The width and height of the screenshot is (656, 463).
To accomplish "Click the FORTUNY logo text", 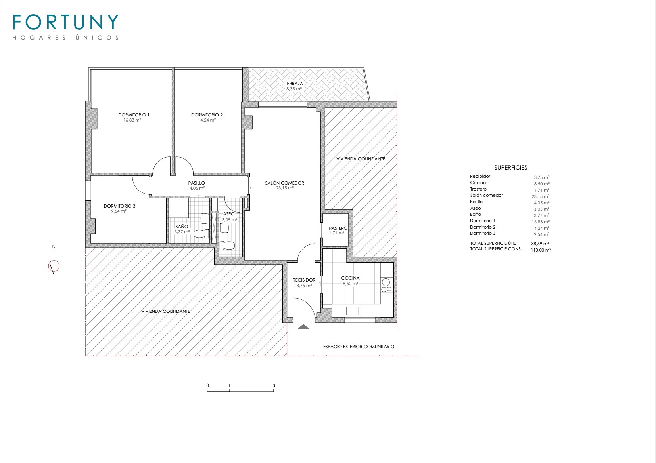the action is pyautogui.click(x=65, y=22).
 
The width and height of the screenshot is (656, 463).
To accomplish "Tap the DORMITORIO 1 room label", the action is pyautogui.click(x=134, y=115).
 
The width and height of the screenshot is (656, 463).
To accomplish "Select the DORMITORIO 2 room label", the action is pyautogui.click(x=207, y=115).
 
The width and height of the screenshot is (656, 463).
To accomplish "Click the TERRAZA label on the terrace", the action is pyautogui.click(x=294, y=84).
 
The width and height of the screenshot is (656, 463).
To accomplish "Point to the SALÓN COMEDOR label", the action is pyautogui.click(x=285, y=183).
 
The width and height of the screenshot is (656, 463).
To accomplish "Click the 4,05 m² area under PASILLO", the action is pyautogui.click(x=197, y=189).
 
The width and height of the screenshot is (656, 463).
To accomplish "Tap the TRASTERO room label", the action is pyautogui.click(x=337, y=228).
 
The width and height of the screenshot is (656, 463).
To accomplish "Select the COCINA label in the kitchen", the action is pyautogui.click(x=350, y=278).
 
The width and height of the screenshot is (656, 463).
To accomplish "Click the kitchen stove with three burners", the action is pyautogui.click(x=386, y=285).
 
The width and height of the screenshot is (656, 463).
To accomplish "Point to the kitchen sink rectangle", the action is pyautogui.click(x=353, y=311).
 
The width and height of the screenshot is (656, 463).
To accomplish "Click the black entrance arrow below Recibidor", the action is pyautogui.click(x=303, y=326).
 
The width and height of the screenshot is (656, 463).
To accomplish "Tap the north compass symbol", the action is pyautogui.click(x=54, y=266).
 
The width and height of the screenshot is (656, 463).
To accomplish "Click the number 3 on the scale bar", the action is pyautogui.click(x=274, y=385).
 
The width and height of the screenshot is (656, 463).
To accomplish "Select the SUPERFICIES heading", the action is pyautogui.click(x=511, y=168).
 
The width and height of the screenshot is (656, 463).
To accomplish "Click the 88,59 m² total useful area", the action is pyautogui.click(x=540, y=243).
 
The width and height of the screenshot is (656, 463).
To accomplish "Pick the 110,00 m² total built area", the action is pyautogui.click(x=541, y=250).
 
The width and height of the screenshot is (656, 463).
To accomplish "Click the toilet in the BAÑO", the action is pyautogui.click(x=202, y=233).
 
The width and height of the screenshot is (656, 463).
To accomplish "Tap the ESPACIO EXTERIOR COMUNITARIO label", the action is pyautogui.click(x=359, y=347).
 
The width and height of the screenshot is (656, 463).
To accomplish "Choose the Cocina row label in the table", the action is pyautogui.click(x=478, y=183).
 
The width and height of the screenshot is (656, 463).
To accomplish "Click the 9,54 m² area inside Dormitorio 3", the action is pyautogui.click(x=119, y=211).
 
